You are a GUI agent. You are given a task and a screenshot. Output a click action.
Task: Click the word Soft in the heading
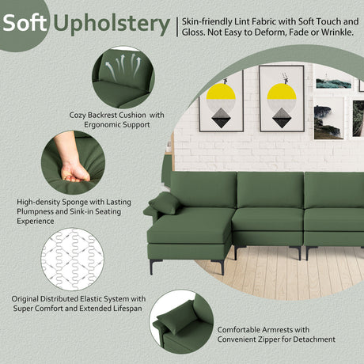click(x=25, y=23)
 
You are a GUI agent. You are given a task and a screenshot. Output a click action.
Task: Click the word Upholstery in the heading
click(x=112, y=25)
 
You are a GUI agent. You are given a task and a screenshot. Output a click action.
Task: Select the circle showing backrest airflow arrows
click(x=123, y=78)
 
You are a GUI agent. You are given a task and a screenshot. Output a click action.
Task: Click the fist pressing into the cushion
click(x=74, y=172)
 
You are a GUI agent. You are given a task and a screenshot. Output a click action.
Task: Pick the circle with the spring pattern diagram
click(x=73, y=260)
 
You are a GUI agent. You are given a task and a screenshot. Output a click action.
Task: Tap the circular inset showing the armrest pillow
click(x=181, y=322)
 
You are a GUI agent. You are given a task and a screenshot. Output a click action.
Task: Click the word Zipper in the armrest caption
click(x=269, y=339)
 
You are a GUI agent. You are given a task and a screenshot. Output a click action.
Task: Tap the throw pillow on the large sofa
click(x=165, y=203)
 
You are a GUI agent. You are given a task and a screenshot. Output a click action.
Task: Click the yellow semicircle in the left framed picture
click(x=221, y=91)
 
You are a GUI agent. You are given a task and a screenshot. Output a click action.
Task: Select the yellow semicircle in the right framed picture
click(x=282, y=91)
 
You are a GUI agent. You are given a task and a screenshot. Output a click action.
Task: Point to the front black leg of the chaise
click(x=151, y=267)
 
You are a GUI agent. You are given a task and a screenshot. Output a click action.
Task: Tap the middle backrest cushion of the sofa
click(x=270, y=190)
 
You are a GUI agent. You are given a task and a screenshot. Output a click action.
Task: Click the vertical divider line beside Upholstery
click(x=177, y=27)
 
